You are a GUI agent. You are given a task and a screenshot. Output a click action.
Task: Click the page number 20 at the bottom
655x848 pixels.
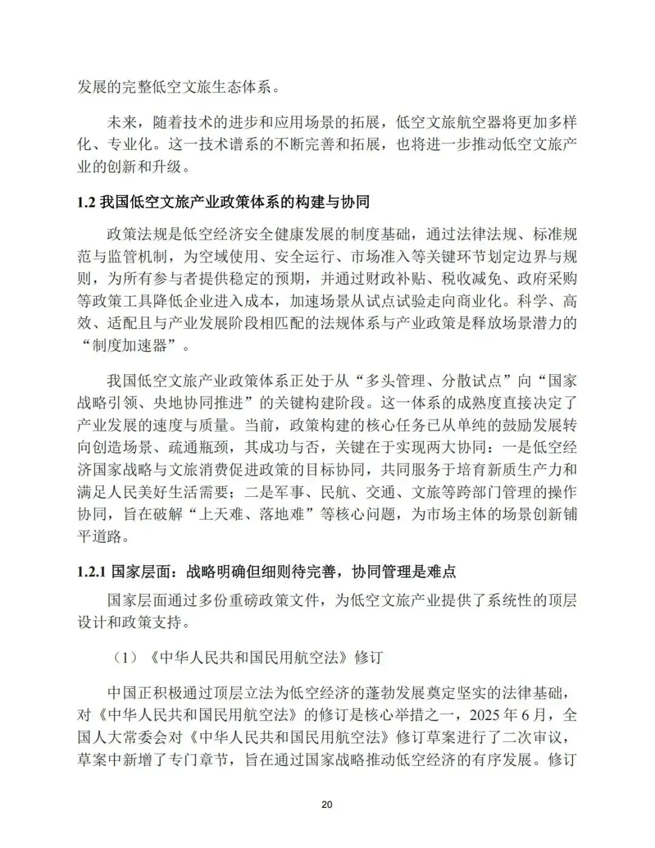click(327, 805)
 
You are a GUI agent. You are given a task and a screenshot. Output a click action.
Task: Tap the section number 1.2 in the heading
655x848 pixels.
click(86, 203)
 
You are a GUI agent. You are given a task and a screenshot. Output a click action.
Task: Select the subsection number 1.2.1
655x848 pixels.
click(92, 571)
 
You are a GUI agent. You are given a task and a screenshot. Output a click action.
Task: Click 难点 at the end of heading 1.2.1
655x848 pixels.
click(441, 571)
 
